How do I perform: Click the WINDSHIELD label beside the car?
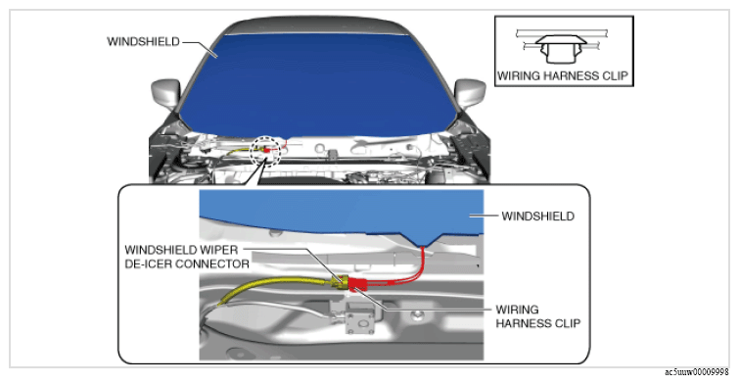143,41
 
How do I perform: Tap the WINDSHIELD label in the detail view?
537,216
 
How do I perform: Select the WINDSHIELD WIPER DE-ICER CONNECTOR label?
187,256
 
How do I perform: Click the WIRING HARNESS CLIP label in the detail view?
537,316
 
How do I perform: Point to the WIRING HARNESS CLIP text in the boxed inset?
563,75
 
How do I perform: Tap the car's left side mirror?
165,94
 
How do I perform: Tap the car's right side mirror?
470,93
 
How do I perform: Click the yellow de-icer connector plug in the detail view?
339,282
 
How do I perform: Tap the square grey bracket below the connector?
360,317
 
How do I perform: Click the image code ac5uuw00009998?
696,372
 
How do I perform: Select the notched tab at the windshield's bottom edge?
421,240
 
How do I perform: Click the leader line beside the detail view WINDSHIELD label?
484,216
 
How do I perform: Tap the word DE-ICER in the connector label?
149,264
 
